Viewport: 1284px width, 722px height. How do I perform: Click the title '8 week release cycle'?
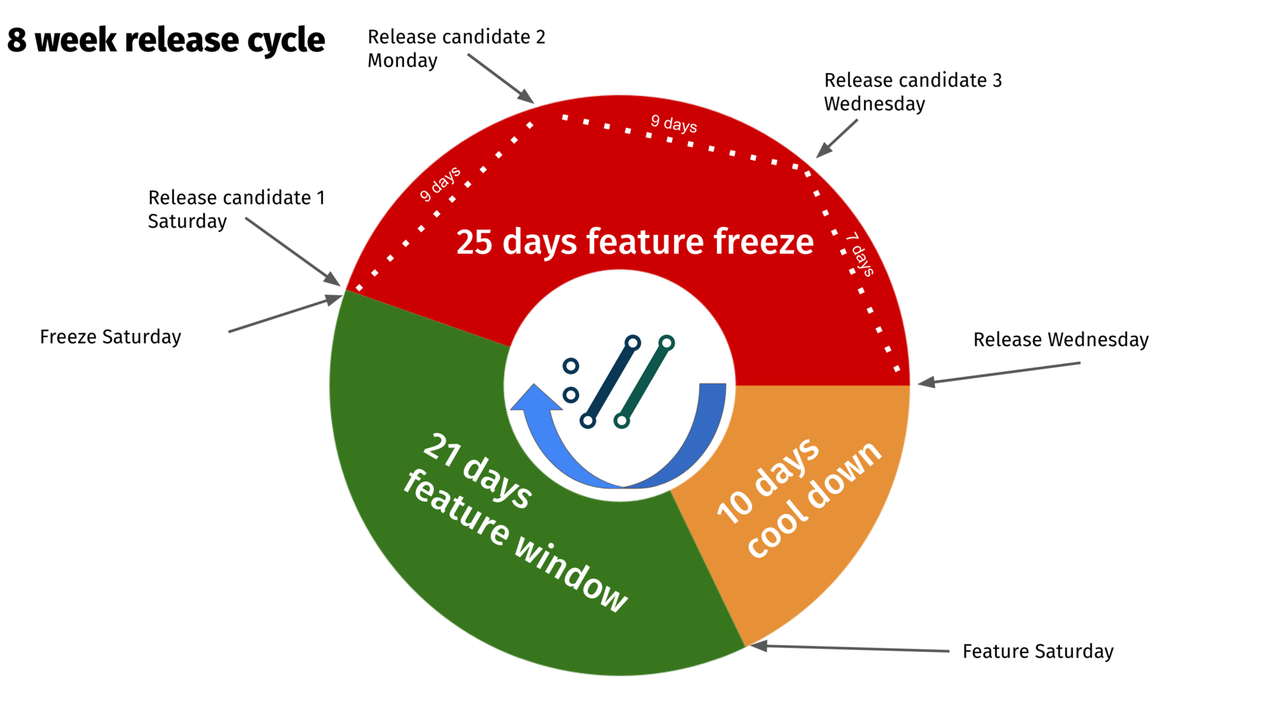[166, 40]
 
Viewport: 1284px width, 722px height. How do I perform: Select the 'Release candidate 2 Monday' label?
[456, 48]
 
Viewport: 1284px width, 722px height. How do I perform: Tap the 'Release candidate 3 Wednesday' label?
[913, 92]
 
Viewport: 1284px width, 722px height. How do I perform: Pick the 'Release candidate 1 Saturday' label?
[236, 209]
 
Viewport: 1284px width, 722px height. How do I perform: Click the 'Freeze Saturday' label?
[110, 337]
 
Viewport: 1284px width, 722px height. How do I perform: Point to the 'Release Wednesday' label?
[1061, 339]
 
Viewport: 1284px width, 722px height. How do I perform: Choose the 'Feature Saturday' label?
[1038, 651]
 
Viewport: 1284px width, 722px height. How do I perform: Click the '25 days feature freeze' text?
[635, 242]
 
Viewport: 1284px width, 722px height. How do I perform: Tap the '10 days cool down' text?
[799, 499]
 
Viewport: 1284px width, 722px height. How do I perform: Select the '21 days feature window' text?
[516, 523]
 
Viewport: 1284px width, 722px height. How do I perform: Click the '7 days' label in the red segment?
[860, 254]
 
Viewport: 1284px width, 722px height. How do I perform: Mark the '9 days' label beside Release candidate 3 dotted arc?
[674, 124]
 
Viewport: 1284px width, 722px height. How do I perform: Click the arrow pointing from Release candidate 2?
[501, 79]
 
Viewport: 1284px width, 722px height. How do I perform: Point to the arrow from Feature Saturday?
[849, 648]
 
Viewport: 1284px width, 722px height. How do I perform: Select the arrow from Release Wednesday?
[999, 373]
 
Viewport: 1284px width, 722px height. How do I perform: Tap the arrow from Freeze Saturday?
[286, 313]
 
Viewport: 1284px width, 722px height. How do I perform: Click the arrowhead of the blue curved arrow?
[536, 398]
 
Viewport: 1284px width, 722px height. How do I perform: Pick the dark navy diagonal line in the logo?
[611, 382]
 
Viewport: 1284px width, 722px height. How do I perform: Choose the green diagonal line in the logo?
[645, 382]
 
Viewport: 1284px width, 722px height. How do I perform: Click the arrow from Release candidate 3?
[837, 139]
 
